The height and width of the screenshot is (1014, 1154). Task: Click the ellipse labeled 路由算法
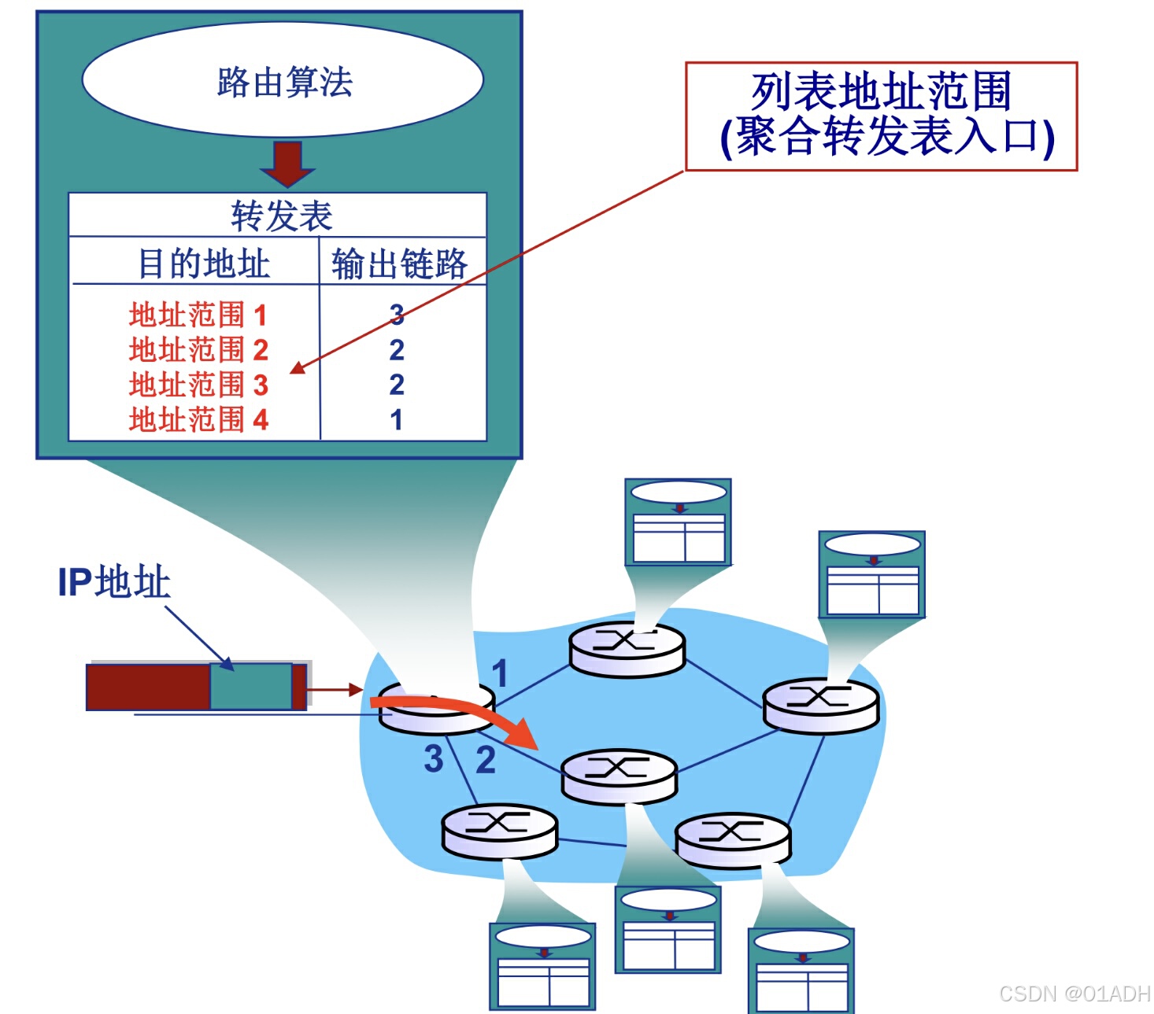(x=283, y=80)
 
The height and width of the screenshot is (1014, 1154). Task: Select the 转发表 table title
(x=281, y=216)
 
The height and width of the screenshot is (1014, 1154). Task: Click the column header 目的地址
(x=204, y=264)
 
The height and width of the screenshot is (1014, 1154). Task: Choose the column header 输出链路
(x=399, y=264)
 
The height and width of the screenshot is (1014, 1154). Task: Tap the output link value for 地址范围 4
(x=397, y=419)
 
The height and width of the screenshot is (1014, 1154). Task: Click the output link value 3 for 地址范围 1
(x=397, y=315)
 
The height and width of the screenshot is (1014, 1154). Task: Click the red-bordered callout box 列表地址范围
(x=881, y=116)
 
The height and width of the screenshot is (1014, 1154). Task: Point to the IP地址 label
(x=113, y=582)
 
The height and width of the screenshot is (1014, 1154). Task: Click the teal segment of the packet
(x=250, y=687)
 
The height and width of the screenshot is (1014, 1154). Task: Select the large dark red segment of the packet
(x=148, y=687)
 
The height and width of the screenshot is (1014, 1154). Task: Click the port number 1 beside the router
(x=499, y=673)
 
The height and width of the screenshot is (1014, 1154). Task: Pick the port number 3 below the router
(x=433, y=759)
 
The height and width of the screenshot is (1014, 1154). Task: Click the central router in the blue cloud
(x=619, y=775)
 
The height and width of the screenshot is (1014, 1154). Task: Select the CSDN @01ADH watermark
(x=1074, y=994)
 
